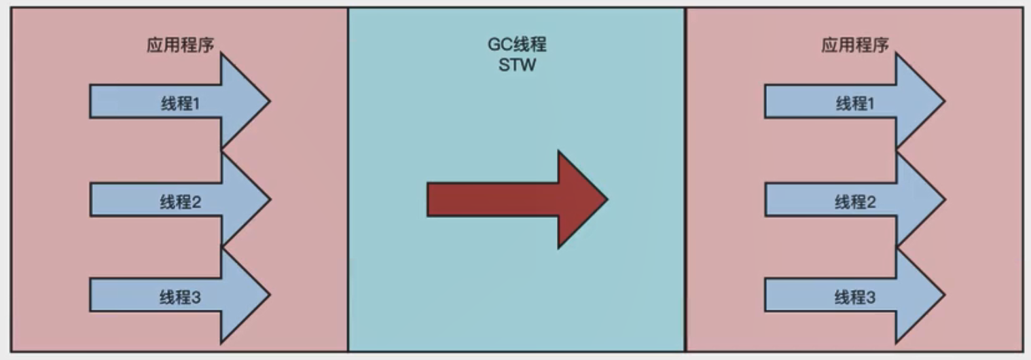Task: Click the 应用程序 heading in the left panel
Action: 181,46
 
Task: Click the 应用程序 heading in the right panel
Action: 855,46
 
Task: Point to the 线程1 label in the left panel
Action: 180,105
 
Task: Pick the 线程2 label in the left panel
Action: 180,202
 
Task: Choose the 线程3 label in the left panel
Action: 180,298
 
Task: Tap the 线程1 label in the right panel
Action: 855,104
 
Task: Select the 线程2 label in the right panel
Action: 855,201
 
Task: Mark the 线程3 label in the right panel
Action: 855,298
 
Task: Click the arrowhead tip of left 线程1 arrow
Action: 269,102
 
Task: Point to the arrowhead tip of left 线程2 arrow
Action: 270,199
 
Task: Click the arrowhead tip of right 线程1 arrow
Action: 944,101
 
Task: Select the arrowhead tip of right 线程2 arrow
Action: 944,198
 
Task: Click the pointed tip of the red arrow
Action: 607,199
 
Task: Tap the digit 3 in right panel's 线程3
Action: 871,298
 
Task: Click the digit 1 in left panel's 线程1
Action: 196,105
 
